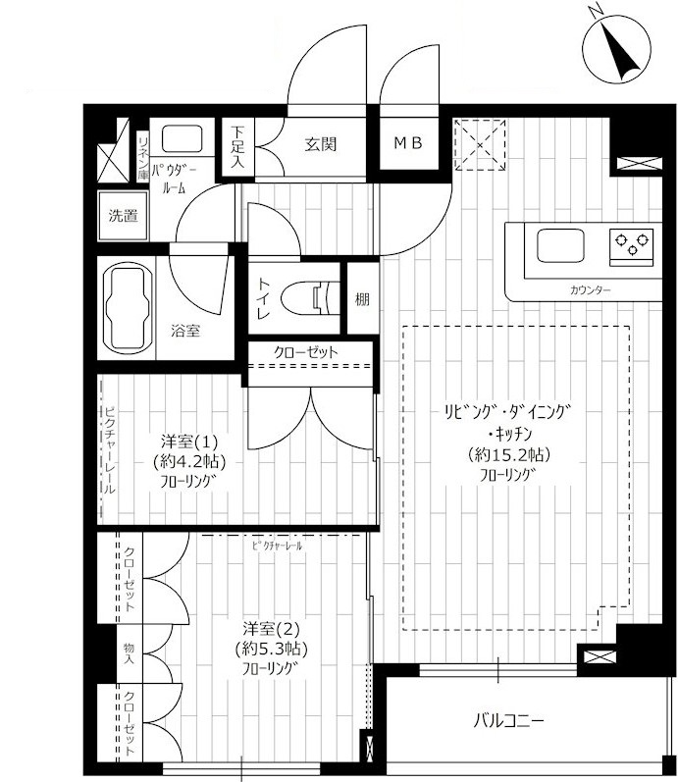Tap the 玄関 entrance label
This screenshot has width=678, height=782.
(321, 144)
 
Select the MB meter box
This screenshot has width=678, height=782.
(408, 143)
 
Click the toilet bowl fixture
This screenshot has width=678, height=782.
(310, 298)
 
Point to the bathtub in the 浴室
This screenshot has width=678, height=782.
(127, 309)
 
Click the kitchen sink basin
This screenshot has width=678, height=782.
(560, 245)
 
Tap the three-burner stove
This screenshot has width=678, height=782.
(631, 244)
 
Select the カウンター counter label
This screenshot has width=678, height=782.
(590, 289)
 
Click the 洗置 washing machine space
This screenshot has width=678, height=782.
(124, 216)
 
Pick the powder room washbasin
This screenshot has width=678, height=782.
(183, 138)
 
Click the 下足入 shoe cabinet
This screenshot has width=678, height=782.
(238, 146)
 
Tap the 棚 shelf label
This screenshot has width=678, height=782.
(362, 299)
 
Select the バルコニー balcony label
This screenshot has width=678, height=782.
(508, 720)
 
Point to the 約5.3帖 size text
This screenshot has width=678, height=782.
(271, 649)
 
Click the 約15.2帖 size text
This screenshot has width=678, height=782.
(509, 454)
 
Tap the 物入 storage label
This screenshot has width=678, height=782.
(130, 653)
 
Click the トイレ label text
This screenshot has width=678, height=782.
(264, 298)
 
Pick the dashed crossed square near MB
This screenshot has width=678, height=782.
(480, 144)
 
